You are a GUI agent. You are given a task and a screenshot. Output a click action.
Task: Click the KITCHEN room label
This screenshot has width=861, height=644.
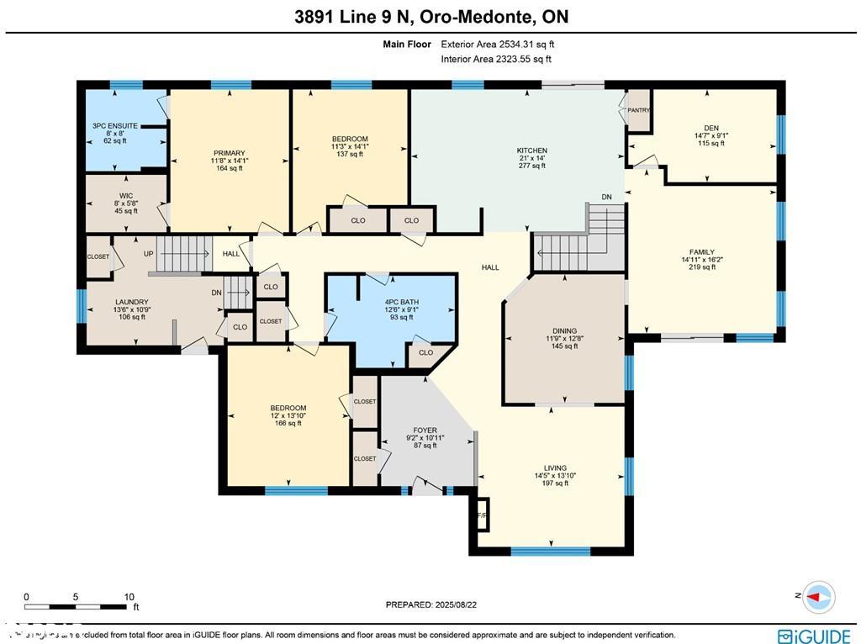click(531, 151)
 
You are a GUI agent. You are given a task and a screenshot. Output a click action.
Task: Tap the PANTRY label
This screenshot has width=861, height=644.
click(639, 109)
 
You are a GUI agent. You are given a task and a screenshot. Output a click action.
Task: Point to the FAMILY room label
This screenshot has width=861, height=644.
click(701, 252)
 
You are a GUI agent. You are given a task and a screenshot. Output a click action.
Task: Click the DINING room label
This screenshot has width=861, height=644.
click(564, 331)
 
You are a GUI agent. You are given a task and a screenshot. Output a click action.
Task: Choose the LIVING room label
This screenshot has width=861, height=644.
click(555, 468)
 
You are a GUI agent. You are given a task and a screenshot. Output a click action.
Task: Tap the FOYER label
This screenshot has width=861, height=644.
click(425, 430)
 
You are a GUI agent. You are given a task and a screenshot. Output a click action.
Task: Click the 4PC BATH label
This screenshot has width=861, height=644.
click(401, 302)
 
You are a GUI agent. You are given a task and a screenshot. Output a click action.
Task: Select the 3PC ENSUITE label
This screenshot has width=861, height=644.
click(109, 126)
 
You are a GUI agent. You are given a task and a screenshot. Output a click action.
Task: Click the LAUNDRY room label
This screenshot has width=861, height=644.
click(131, 302)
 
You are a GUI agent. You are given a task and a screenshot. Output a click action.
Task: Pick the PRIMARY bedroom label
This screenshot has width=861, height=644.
click(229, 153)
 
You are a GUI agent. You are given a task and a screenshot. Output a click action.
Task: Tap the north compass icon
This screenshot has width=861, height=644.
click(819, 596)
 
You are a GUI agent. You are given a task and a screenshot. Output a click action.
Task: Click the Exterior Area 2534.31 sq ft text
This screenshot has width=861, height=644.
click(497, 45)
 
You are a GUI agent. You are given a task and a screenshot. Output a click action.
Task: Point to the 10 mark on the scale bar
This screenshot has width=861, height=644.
click(129, 597)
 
